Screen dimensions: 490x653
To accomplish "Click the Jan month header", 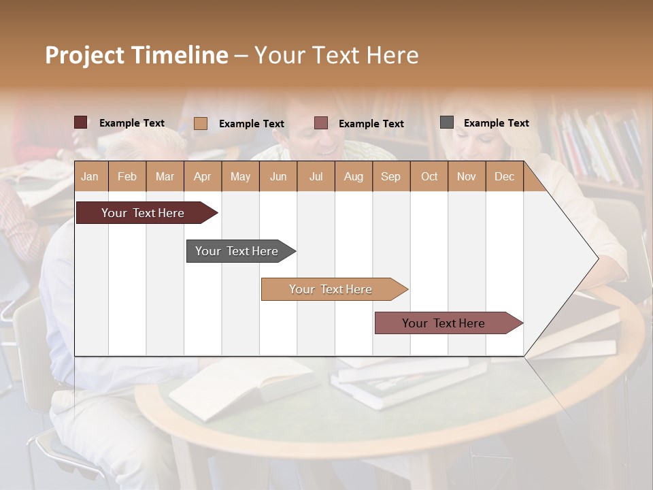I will click(90, 176).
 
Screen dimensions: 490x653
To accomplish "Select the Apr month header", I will click(203, 176).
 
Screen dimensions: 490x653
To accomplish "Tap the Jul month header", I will click(316, 176).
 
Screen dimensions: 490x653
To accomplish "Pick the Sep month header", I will click(390, 176).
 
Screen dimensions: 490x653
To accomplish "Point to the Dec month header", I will click(504, 176).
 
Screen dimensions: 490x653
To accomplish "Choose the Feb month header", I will click(127, 176).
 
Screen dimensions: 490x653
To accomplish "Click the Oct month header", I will click(429, 176).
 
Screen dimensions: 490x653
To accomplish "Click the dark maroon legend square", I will click(80, 122).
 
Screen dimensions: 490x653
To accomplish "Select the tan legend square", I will click(200, 123).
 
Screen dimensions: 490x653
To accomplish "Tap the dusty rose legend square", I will click(321, 122).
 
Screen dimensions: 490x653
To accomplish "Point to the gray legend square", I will click(446, 122).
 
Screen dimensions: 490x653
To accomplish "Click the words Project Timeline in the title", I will click(136, 55).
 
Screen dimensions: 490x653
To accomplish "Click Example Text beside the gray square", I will click(496, 122).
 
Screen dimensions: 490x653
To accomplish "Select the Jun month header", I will click(278, 176).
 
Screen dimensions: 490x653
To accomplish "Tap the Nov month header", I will click(467, 176).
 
